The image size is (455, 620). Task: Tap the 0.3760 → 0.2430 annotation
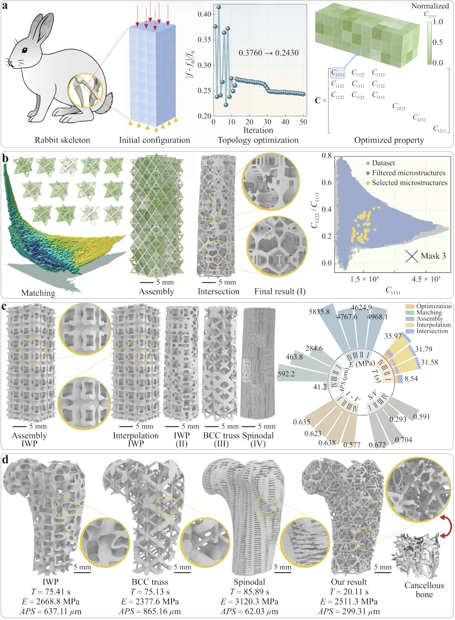click(x=268, y=53)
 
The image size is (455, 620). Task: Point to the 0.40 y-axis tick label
click(x=204, y=14)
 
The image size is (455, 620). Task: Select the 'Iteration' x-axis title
click(x=258, y=130)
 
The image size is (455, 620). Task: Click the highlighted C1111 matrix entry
click(x=337, y=73)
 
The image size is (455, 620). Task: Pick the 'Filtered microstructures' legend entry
click(x=408, y=173)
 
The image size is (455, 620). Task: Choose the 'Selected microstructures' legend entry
click(x=409, y=183)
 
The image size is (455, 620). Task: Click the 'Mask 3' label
click(x=433, y=256)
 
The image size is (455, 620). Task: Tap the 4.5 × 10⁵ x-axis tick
click(x=426, y=279)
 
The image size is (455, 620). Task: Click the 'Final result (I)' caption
click(x=280, y=291)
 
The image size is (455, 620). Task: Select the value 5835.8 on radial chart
click(x=319, y=312)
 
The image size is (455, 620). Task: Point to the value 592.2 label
click(x=286, y=374)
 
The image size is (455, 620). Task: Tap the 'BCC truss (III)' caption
click(x=221, y=439)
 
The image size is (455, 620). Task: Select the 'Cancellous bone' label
click(x=424, y=590)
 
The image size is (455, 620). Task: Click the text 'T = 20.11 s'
click(x=349, y=592)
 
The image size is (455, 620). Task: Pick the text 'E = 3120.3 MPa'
click(x=249, y=601)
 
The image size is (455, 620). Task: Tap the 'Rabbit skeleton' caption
click(x=62, y=140)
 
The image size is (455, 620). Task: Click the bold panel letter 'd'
click(x=5, y=459)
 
